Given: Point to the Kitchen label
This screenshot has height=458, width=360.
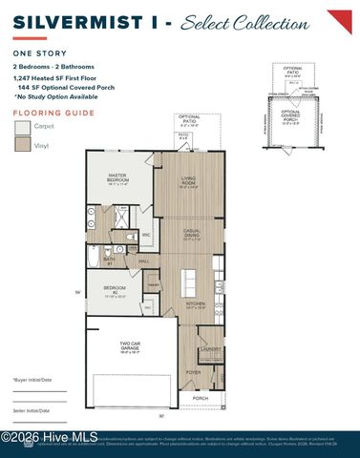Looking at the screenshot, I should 195,306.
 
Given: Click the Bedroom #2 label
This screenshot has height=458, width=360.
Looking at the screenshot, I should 115,289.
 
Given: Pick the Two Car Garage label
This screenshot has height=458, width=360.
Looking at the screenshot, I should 130,347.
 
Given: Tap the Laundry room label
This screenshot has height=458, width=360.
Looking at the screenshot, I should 212,349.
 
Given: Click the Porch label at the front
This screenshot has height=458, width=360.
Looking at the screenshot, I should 201,398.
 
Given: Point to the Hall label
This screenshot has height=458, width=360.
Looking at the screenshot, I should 144,260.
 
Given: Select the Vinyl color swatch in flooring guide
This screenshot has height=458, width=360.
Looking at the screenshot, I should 22,145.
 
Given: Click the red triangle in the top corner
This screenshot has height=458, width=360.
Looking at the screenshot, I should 339,20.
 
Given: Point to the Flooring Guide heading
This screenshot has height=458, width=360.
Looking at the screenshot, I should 48,112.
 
